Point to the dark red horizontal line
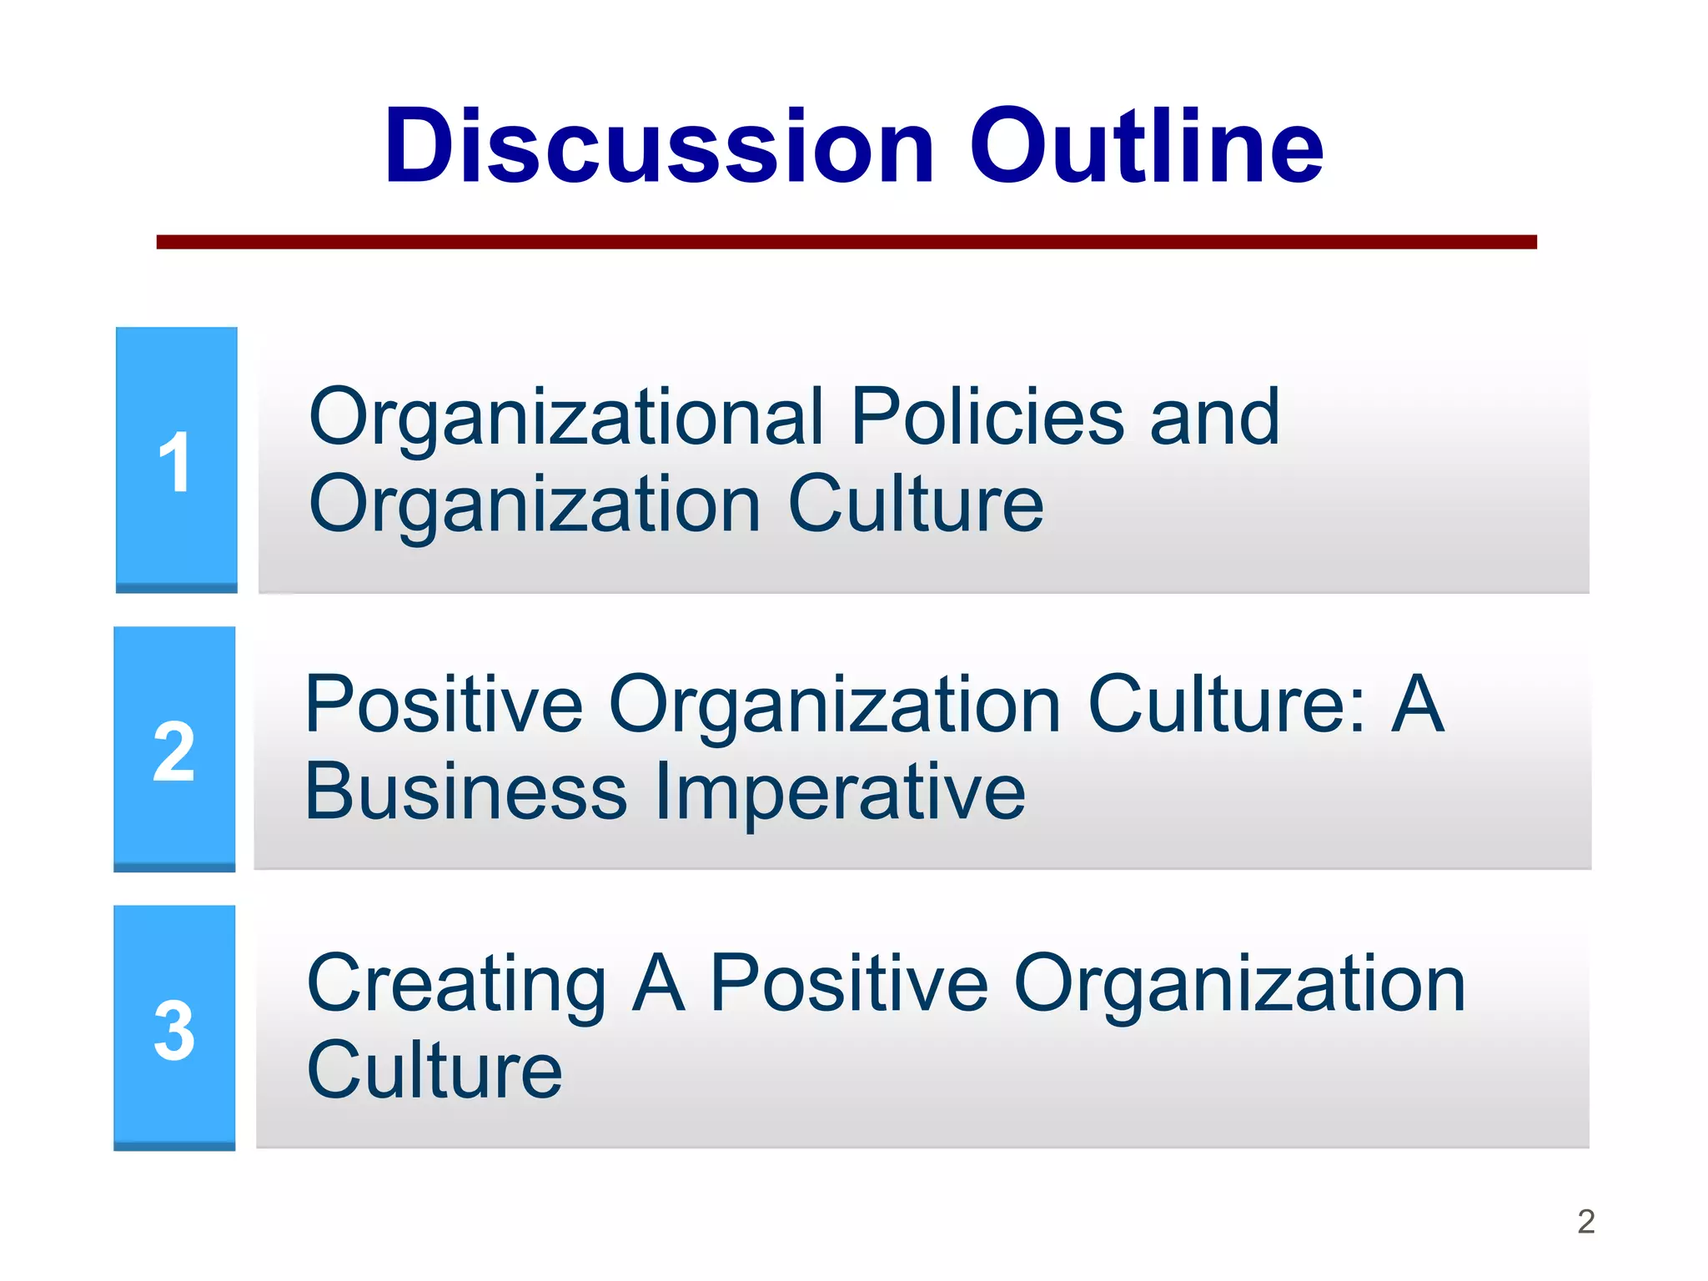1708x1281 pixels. tap(846, 242)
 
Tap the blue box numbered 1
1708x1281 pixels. tap(176, 460)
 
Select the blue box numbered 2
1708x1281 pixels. tap(174, 749)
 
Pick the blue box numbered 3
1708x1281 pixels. tap(174, 1027)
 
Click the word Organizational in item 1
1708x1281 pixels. tap(566, 418)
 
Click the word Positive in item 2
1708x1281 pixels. tap(444, 705)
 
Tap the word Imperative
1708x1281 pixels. tap(840, 792)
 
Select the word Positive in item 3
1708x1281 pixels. tap(848, 984)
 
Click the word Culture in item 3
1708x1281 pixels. tap(435, 1070)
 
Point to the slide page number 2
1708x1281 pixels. tap(1585, 1222)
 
